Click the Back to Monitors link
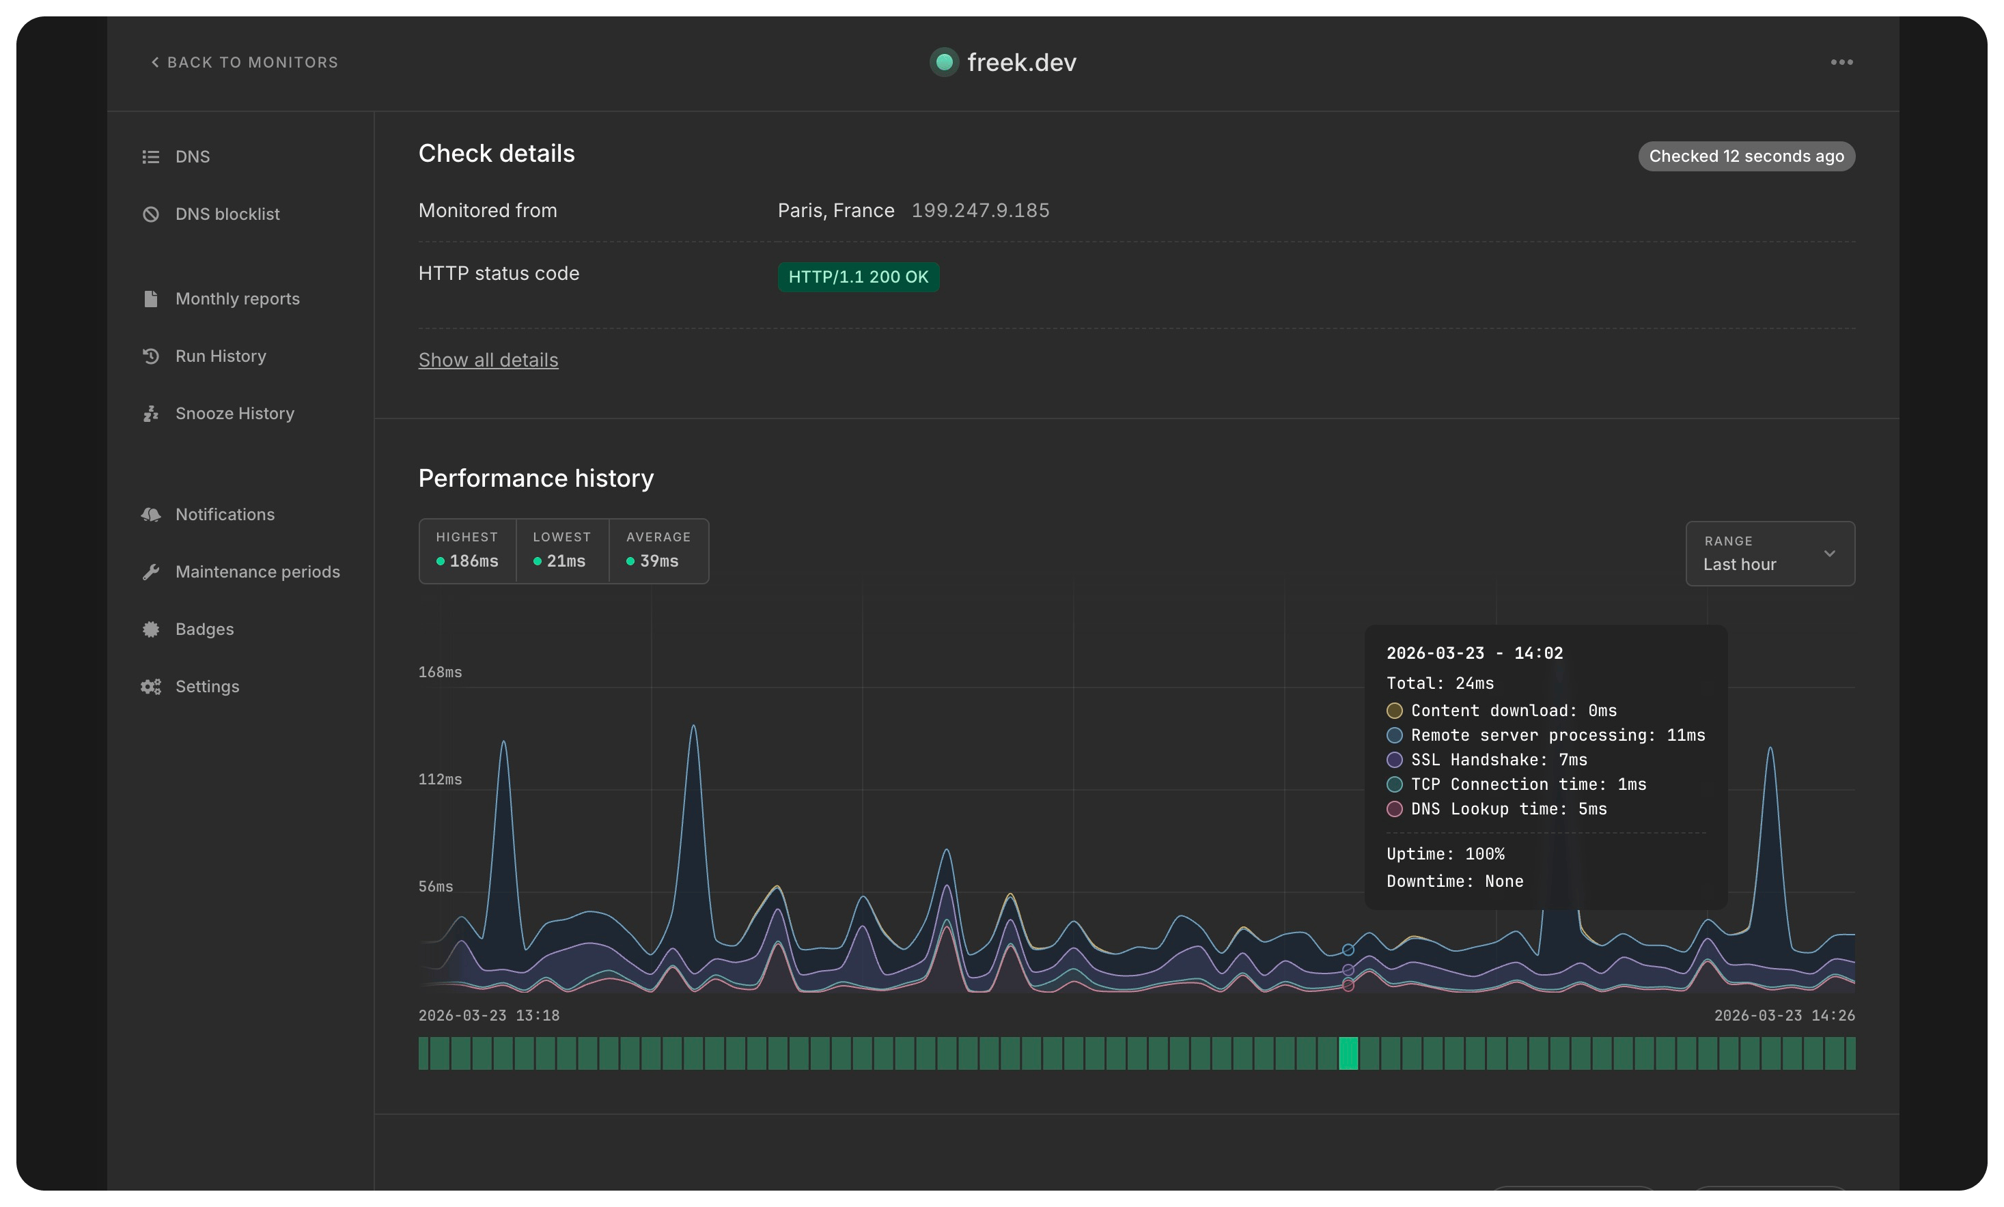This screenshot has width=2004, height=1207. [245, 63]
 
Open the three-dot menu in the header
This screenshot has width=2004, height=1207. [1841, 63]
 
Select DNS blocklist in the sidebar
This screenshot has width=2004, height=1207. [227, 214]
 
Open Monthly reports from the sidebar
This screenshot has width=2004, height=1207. [237, 299]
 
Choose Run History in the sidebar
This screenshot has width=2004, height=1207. [221, 356]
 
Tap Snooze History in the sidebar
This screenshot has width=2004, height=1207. [234, 414]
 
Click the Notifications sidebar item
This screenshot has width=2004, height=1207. [225, 515]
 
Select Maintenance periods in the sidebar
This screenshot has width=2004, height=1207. [257, 572]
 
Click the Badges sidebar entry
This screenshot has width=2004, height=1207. [204, 629]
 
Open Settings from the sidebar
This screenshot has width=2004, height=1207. [206, 687]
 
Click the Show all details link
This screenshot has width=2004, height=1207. [488, 360]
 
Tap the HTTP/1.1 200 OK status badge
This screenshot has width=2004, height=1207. [858, 277]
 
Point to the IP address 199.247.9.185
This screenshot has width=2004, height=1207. [980, 210]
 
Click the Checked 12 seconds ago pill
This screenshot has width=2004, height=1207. [1746, 156]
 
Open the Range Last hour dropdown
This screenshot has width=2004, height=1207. [1770, 554]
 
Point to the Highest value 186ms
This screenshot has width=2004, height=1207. [473, 560]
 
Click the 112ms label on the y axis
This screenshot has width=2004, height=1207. [440, 780]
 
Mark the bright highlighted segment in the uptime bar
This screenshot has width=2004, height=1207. [1348, 1053]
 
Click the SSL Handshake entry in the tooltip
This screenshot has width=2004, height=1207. [1498, 760]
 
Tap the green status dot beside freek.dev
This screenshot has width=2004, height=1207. [944, 61]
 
